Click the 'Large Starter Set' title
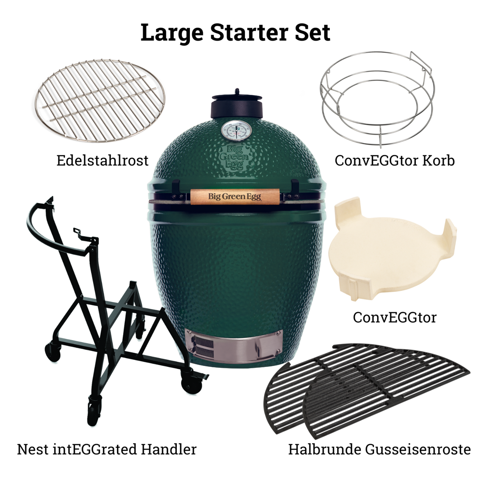coord(235,32)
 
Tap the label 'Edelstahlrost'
coord(102,161)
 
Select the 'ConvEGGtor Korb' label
coord(394,161)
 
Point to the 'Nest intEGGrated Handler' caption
coord(106,449)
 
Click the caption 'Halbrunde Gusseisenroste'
coord(379,449)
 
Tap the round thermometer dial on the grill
coord(236,131)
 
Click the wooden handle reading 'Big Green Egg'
coord(235,196)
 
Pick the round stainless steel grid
coord(100,101)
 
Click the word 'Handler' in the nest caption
coord(169,449)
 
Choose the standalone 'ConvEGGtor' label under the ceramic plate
coord(394,317)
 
